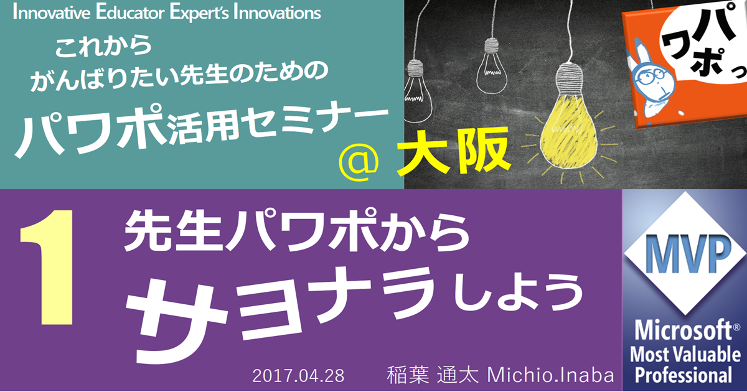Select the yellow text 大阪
pos(454,152)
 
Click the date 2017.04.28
pos(298,376)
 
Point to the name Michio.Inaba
pos(550,375)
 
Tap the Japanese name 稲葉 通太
pos(433,375)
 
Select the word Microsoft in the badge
pos(684,330)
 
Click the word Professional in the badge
pos(683,375)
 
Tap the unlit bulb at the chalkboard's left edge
pos(416,86)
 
